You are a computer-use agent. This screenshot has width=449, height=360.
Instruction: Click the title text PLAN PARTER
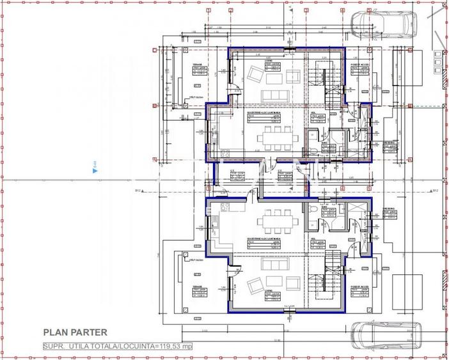tap(75, 332)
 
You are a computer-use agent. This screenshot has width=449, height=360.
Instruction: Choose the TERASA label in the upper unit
tap(198, 65)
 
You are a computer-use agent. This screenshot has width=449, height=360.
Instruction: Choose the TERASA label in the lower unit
tap(198, 287)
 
